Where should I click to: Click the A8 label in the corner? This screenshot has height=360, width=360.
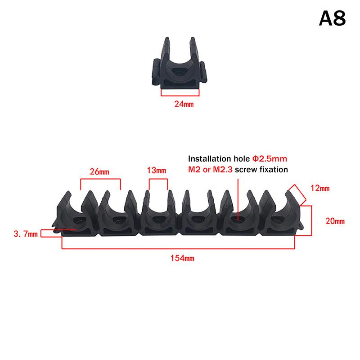pyautogui.click(x=332, y=18)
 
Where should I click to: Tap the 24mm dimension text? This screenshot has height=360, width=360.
pyautogui.click(x=184, y=103)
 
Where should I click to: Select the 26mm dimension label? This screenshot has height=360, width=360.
pyautogui.click(x=100, y=171)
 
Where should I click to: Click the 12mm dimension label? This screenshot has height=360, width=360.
pyautogui.click(x=319, y=188)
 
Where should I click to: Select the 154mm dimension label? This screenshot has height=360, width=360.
pyautogui.click(x=179, y=258)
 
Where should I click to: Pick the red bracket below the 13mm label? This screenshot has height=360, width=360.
pyautogui.click(x=158, y=179)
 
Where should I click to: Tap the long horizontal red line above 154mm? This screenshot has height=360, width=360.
pyautogui.click(x=179, y=248)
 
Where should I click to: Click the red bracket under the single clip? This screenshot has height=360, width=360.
pyautogui.click(x=180, y=94)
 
